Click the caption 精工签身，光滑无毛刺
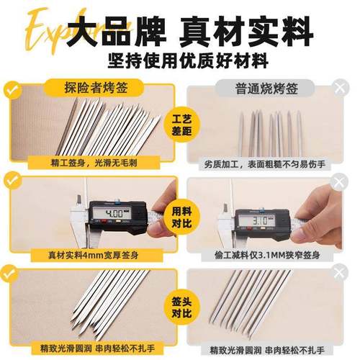tap(94, 163)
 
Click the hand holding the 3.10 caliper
tap(328, 216)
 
